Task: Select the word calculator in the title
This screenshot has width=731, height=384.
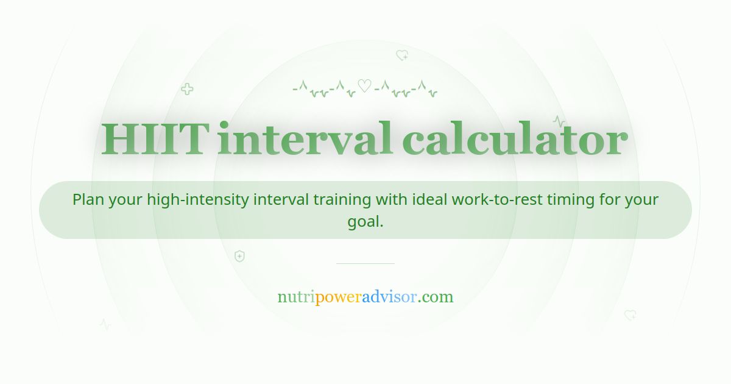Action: (515, 140)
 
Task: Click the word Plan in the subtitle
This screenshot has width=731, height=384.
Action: (88, 199)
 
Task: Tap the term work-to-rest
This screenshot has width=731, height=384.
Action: (501, 199)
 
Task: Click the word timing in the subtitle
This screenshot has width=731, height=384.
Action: (579, 199)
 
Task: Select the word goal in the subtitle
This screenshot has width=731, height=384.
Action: (364, 221)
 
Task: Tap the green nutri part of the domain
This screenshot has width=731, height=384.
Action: (296, 297)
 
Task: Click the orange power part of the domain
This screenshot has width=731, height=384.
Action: (338, 297)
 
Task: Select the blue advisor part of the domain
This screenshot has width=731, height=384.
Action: (389, 297)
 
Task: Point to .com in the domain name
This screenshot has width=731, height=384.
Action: (436, 297)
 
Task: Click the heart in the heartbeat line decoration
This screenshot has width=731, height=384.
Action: (364, 86)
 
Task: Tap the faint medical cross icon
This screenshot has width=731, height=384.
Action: (187, 90)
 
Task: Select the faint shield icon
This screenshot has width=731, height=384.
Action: (239, 256)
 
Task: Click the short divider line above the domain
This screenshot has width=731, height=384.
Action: (365, 263)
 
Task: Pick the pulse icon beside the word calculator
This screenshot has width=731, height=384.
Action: (559, 121)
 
